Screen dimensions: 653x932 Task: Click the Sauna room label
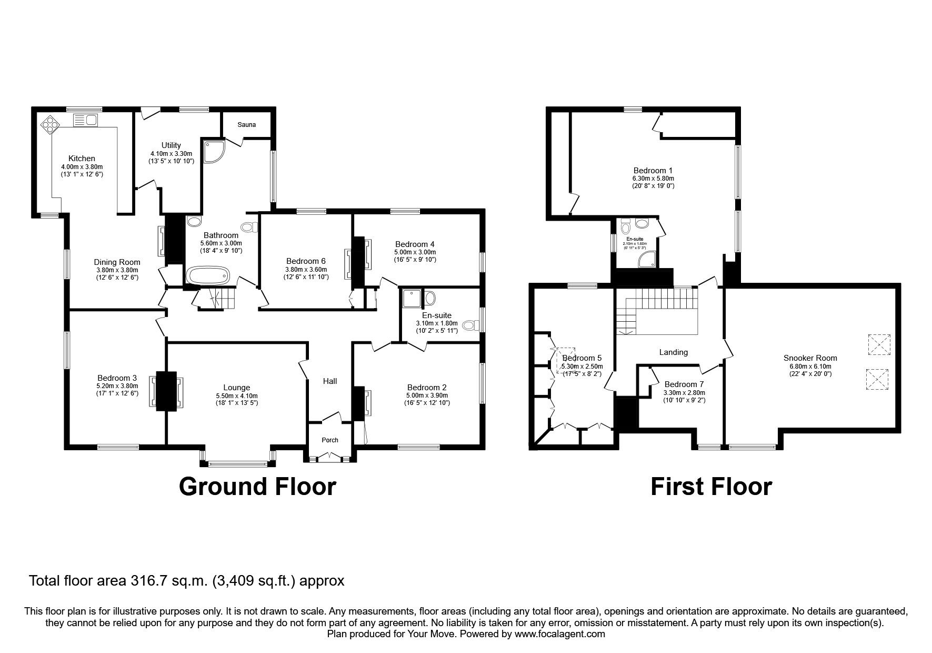(x=246, y=125)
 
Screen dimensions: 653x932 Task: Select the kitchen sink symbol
(x=85, y=120)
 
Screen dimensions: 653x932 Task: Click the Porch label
(x=330, y=440)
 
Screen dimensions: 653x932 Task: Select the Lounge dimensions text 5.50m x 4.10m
(x=237, y=396)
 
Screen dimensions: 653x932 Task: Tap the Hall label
(x=330, y=381)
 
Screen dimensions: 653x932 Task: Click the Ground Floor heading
(x=257, y=486)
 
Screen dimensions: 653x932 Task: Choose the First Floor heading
(x=711, y=486)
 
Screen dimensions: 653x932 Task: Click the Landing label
(x=673, y=352)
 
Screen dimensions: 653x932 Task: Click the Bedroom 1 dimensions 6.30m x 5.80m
(x=653, y=179)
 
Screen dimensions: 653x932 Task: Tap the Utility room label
(x=171, y=145)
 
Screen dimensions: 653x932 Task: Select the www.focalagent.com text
(x=559, y=634)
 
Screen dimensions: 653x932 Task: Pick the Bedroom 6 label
(x=306, y=261)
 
